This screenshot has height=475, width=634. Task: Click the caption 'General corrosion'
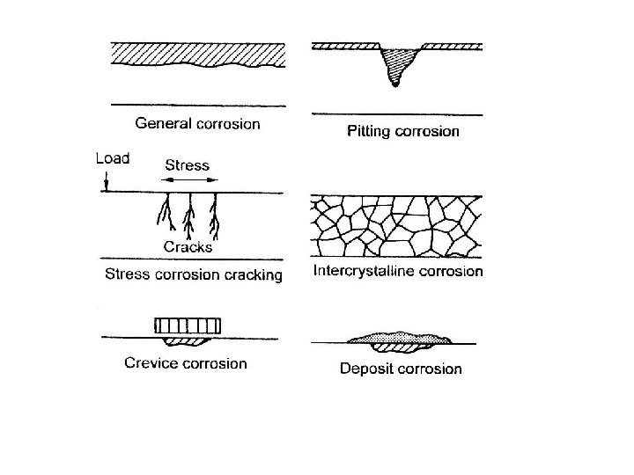[x=197, y=123]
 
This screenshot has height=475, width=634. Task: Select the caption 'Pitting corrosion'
[x=399, y=131]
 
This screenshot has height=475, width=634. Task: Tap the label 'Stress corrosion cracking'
[x=194, y=274]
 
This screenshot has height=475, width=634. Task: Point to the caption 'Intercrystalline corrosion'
[x=398, y=271]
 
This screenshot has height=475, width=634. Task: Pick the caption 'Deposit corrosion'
[x=401, y=368]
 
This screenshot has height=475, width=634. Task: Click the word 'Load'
[x=112, y=159]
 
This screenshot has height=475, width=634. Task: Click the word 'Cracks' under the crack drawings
[x=188, y=246]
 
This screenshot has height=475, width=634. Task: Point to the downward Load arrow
[x=106, y=180]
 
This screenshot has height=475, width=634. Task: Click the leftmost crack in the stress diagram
[x=163, y=214]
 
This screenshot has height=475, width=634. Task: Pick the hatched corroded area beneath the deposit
[x=395, y=346]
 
